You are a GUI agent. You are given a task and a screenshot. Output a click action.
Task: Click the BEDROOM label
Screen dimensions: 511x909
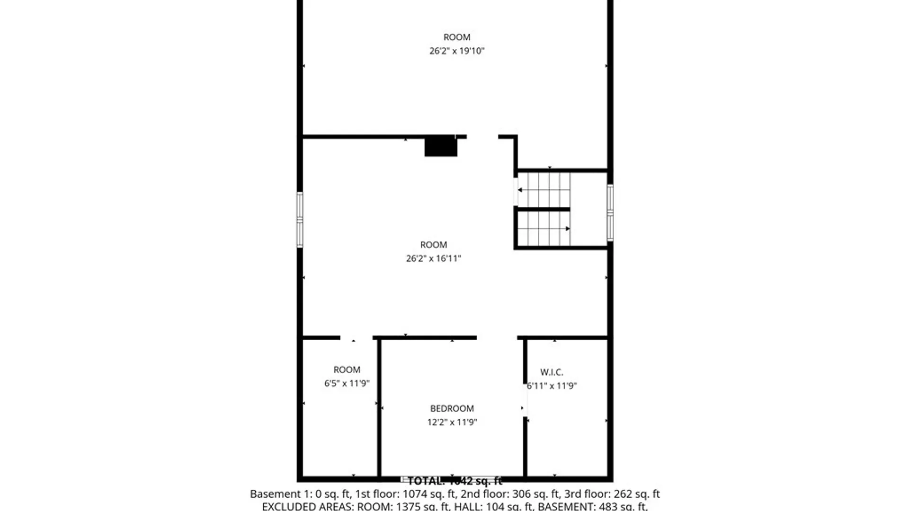point(452,408)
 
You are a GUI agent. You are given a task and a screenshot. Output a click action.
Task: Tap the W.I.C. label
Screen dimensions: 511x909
point(552,372)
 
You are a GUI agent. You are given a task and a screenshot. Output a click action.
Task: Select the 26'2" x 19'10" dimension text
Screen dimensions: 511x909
point(457,51)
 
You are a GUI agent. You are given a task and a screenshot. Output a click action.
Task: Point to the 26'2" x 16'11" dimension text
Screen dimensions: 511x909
point(433,258)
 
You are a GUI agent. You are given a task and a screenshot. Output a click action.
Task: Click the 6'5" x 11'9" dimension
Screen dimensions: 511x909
point(347,383)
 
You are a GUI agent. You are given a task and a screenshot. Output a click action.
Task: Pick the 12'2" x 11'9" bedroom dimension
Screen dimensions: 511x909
point(452,422)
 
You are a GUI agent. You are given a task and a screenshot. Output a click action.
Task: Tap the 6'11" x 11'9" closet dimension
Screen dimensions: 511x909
point(552,386)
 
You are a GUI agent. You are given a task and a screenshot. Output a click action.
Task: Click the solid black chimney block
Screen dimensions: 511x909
point(440,146)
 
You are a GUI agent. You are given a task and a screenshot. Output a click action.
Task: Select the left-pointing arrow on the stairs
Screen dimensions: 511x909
point(520,190)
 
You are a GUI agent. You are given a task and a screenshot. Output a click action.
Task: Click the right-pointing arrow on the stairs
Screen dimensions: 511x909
point(567,229)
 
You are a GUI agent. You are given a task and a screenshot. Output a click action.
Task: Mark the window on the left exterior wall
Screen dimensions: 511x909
point(300,220)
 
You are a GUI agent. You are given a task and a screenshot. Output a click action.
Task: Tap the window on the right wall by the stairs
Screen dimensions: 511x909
point(610,213)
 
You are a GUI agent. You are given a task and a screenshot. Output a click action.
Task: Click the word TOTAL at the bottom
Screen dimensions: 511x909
point(426,481)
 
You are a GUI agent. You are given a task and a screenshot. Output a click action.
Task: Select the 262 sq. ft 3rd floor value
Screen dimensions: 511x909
point(636,494)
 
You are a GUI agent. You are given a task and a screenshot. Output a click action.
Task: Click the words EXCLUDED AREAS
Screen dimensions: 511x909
point(308,507)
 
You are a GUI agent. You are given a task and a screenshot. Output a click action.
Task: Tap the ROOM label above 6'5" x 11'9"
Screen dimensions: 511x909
point(347,370)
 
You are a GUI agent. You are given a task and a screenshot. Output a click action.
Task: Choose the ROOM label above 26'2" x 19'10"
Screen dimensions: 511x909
point(457,37)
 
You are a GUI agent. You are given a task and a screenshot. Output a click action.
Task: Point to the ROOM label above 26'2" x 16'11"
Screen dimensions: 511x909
point(433,245)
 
